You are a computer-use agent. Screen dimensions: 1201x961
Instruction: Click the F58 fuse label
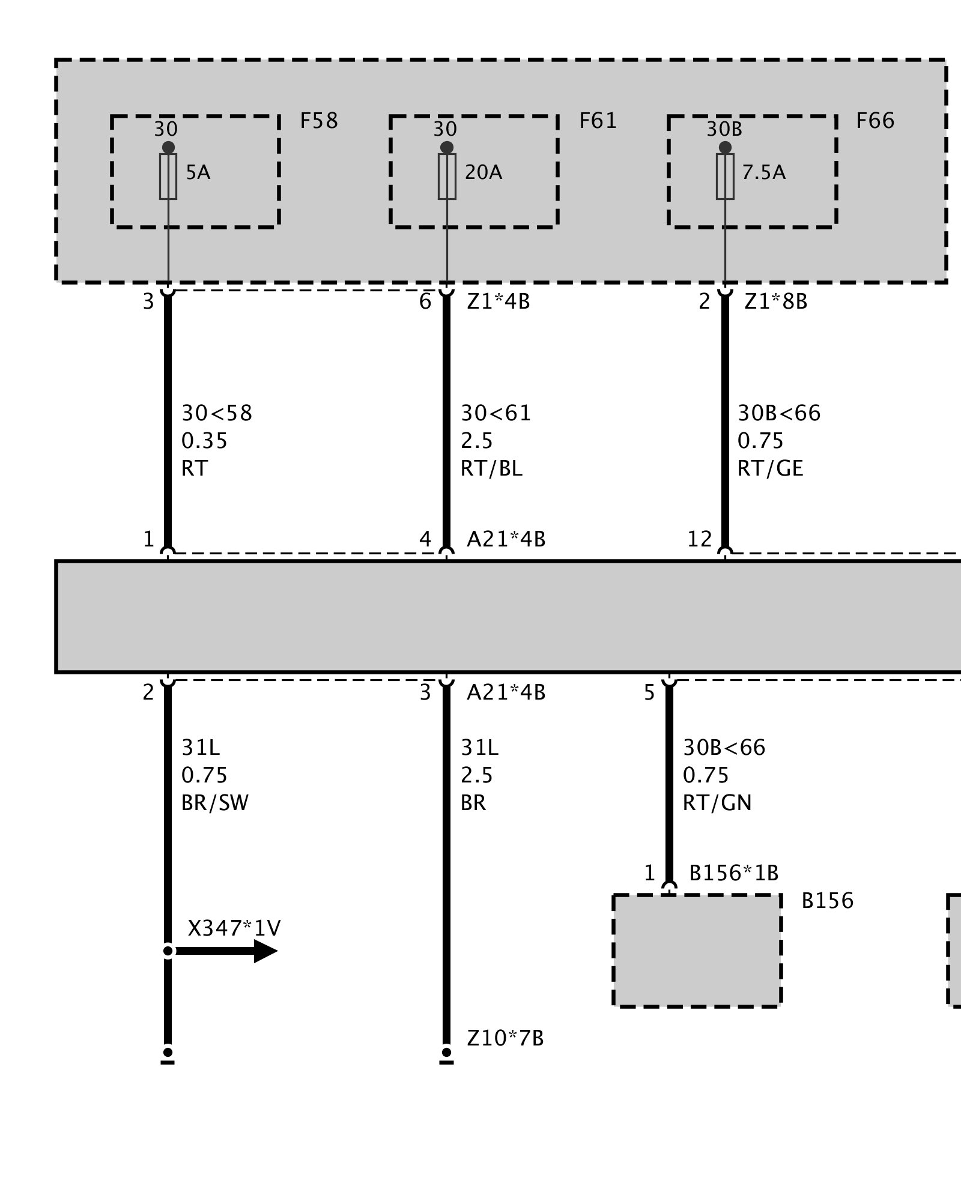tap(319, 121)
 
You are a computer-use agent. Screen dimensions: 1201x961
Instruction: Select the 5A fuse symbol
tap(168, 177)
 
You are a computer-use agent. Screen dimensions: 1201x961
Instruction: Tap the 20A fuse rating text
tap(484, 173)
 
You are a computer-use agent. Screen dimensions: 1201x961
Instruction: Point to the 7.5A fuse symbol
tap(725, 177)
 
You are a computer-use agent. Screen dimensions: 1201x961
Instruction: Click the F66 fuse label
tap(875, 121)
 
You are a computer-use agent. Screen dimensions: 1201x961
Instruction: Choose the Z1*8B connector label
tap(776, 301)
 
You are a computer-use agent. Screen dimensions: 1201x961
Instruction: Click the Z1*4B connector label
tap(499, 301)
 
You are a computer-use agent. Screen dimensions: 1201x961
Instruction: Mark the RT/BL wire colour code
tap(491, 469)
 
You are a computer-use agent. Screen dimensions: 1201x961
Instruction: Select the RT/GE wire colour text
tap(770, 469)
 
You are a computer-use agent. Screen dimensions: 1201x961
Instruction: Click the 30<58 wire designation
tap(217, 414)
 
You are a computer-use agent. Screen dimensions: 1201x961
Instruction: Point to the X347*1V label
tap(234, 928)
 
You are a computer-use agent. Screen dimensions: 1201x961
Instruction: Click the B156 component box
tap(697, 951)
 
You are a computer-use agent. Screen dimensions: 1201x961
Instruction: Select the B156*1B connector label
tap(733, 873)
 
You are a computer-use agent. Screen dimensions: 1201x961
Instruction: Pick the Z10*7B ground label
tap(505, 1038)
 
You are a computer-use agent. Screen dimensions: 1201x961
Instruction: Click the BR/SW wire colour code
tap(215, 803)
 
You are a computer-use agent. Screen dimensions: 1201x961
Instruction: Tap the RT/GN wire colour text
tap(717, 803)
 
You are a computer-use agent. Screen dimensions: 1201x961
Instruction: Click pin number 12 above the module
tap(700, 539)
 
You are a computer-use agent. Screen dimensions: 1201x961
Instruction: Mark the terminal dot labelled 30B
tap(725, 148)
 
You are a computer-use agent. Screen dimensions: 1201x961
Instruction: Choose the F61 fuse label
tap(598, 121)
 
